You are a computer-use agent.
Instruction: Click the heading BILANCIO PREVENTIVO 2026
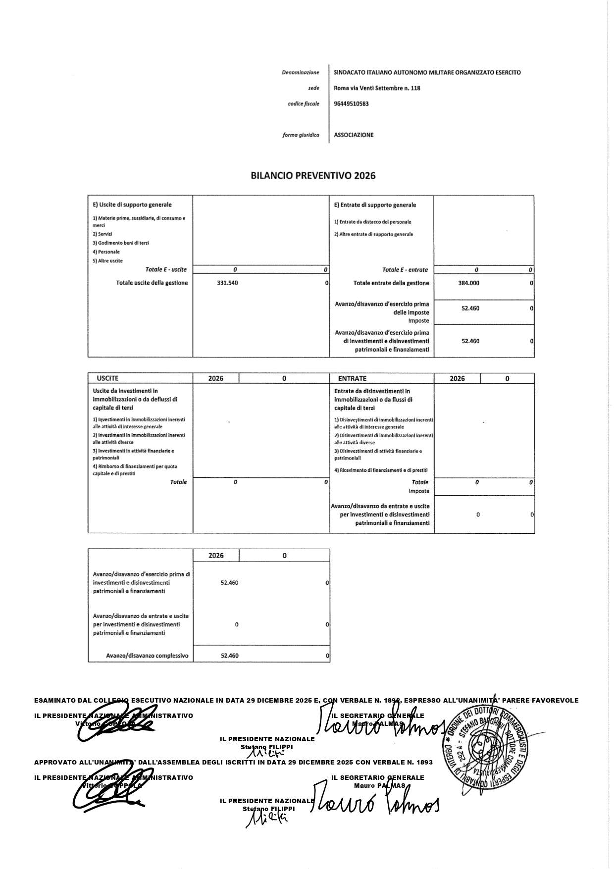click(x=313, y=175)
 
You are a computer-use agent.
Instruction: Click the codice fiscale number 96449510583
click(x=351, y=104)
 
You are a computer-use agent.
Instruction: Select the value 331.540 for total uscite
click(x=227, y=283)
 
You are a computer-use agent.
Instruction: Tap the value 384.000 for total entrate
click(x=469, y=283)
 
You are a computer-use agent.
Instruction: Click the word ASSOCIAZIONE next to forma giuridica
click(x=354, y=135)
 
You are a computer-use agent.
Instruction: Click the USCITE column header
click(x=107, y=378)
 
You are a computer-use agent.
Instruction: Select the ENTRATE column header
click(x=352, y=378)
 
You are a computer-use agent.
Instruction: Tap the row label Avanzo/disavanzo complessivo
click(x=147, y=656)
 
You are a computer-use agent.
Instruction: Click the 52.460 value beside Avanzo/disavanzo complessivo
click(x=229, y=656)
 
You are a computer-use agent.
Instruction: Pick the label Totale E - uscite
click(x=166, y=270)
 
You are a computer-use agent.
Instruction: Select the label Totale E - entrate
click(x=405, y=270)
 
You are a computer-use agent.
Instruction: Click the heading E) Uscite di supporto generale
click(x=132, y=204)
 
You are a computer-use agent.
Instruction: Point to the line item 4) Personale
click(x=106, y=252)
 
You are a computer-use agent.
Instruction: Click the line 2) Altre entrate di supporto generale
click(x=373, y=234)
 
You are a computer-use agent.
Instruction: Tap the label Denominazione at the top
click(x=301, y=73)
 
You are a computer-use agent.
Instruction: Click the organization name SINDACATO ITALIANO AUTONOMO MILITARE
click(x=427, y=72)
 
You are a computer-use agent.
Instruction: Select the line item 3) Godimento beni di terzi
click(x=121, y=243)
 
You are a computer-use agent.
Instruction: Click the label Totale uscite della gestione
click(x=152, y=283)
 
